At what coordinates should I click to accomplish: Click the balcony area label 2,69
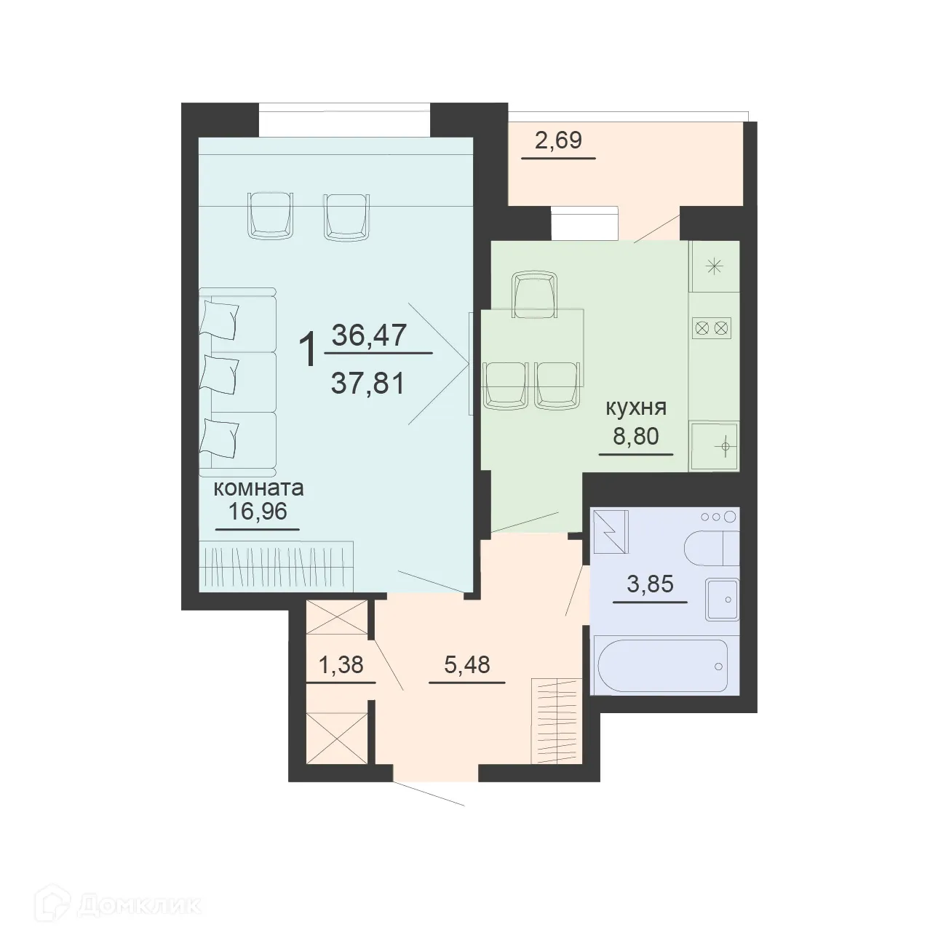(x=558, y=140)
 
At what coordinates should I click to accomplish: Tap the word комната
(x=258, y=488)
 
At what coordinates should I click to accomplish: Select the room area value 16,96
(x=258, y=512)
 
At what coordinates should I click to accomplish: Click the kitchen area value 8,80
(x=636, y=437)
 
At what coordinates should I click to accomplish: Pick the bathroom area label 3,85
(x=650, y=584)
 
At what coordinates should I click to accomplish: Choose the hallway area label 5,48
(x=466, y=664)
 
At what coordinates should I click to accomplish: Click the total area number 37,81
(x=367, y=381)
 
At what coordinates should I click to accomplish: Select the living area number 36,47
(x=370, y=335)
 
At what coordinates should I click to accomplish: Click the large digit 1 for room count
(x=309, y=350)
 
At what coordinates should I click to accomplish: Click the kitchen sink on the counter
(x=715, y=445)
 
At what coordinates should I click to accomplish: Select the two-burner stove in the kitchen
(x=712, y=327)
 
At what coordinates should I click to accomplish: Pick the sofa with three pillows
(x=237, y=379)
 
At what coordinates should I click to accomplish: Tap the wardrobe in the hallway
(x=557, y=720)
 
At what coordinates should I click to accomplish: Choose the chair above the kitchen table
(x=535, y=293)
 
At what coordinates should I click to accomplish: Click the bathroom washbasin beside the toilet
(x=722, y=600)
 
